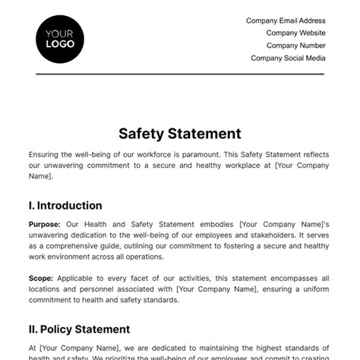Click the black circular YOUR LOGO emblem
coord(60,38)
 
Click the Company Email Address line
coord(286,21)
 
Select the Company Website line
coord(295,33)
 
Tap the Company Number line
coord(295,45)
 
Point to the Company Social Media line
coord(288,58)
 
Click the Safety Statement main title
coord(179,134)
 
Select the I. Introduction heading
coord(65,206)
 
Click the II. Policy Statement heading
coord(79,329)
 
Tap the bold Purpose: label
coord(44,225)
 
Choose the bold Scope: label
coord(41,279)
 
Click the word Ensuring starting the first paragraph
coord(46,153)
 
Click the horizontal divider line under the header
coord(179,74)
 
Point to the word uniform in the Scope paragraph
coord(315,289)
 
